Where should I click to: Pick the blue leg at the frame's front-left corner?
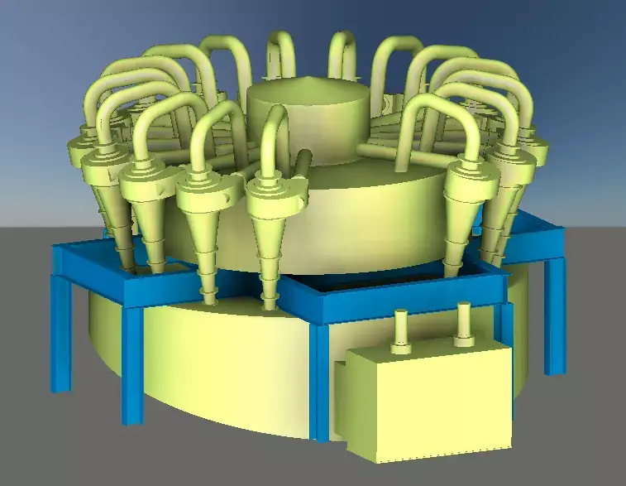(132, 364)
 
